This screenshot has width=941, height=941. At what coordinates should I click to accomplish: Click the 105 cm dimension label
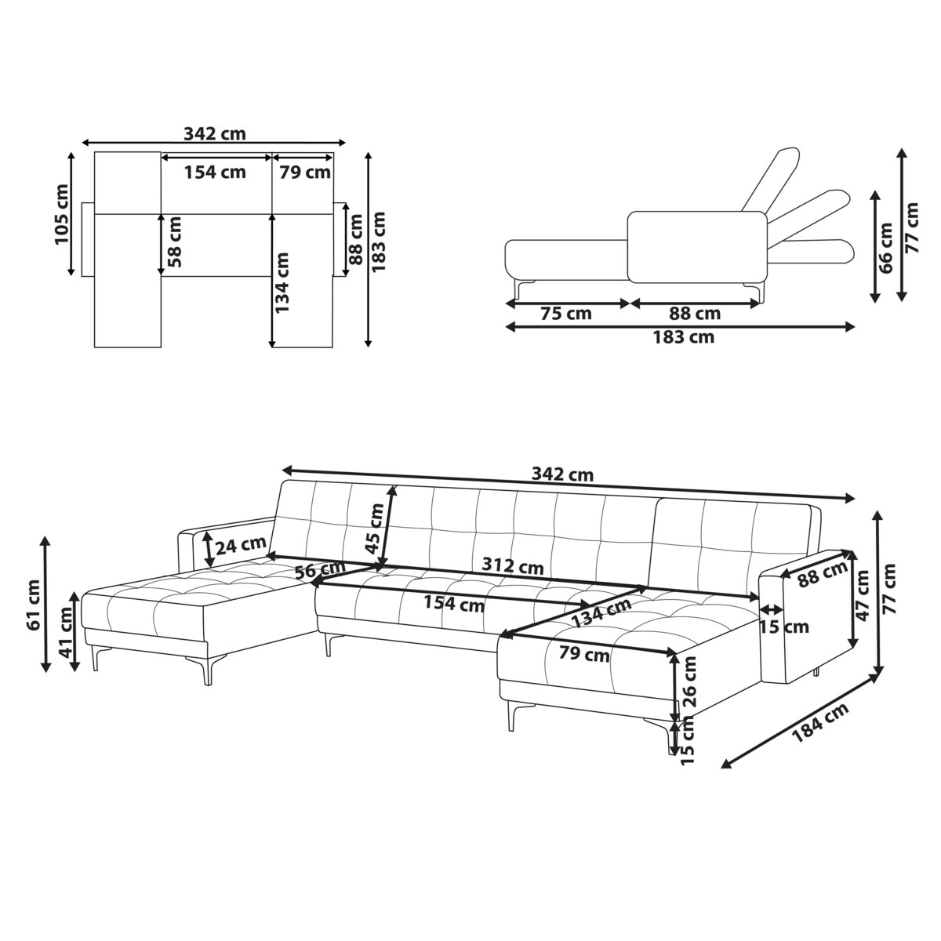61,214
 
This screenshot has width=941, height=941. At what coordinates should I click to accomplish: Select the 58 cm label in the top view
174,242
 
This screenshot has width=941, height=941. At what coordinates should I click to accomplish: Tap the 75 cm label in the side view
566,314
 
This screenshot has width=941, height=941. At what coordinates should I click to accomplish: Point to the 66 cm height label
885,248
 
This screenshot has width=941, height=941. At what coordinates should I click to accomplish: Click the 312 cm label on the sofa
512,565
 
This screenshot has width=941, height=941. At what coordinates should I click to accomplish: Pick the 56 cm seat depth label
321,569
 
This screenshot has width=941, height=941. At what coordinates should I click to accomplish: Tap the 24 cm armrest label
241,545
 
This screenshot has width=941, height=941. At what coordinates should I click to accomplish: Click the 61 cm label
34,605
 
